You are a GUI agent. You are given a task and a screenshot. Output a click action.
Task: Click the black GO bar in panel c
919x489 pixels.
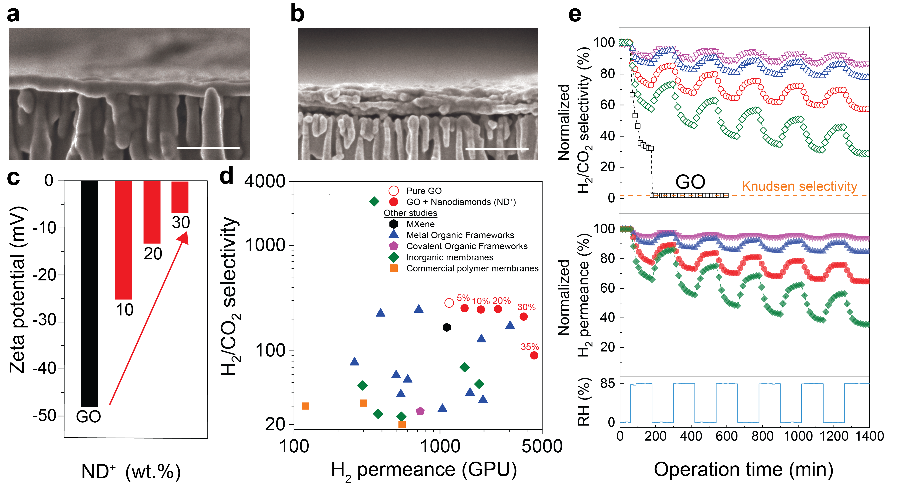tap(89, 293)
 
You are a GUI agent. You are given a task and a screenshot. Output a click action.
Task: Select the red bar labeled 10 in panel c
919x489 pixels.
tap(123, 239)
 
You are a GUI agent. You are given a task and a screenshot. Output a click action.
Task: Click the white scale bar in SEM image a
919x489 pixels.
tap(208, 147)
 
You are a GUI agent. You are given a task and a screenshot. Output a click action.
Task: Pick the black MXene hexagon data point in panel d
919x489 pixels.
tap(446, 327)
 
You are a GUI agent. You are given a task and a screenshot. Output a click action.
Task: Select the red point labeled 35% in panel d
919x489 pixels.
tap(534, 355)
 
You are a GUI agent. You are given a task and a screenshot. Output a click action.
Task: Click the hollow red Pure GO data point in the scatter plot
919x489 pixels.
tap(449, 303)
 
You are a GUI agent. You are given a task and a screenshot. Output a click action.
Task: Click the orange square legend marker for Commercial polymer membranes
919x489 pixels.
tap(393, 268)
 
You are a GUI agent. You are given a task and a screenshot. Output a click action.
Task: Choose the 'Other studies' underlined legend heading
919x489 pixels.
tap(410, 213)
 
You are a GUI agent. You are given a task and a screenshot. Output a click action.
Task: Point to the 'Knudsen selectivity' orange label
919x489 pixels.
tap(799, 186)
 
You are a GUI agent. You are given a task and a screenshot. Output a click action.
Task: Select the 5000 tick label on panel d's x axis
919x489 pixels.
tap(542, 446)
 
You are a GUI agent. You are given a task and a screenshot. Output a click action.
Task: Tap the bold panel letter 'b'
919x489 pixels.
tap(297, 14)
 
